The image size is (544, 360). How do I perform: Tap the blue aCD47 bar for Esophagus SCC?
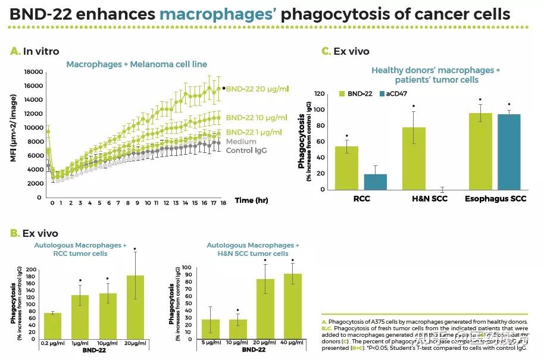tap(509, 152)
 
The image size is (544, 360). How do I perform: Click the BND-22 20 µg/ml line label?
tap(257, 89)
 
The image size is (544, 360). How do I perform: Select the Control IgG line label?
tap(246, 151)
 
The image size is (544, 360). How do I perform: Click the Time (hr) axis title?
tap(251, 201)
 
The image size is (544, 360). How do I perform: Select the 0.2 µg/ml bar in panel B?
tap(52, 326)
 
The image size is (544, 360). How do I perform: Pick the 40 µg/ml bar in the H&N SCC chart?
tap(292, 306)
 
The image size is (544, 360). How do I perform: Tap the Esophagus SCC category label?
tap(495, 198)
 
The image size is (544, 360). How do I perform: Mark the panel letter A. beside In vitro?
tap(15, 52)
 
